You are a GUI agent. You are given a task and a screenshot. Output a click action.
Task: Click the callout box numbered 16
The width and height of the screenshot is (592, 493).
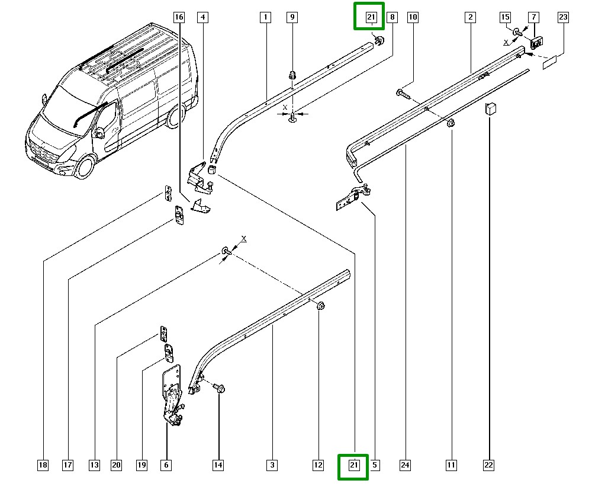[179, 18]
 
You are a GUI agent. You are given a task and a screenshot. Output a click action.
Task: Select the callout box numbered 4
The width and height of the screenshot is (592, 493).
[203, 18]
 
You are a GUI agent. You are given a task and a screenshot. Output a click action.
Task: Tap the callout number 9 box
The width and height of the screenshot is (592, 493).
[292, 18]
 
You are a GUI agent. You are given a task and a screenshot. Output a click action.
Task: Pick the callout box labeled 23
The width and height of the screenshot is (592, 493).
[563, 18]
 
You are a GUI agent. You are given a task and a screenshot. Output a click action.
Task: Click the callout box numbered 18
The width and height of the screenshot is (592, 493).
[43, 466]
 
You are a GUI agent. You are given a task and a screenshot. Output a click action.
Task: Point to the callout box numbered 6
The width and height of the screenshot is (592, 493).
[166, 466]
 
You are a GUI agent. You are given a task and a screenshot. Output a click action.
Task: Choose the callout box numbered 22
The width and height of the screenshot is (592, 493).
[488, 466]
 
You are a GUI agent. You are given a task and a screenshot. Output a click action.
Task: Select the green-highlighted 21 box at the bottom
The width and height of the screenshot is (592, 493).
[353, 466]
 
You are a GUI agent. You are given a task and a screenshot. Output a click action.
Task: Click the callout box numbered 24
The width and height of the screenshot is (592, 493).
[405, 466]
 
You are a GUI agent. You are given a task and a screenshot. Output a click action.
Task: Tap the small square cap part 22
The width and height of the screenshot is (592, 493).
[490, 108]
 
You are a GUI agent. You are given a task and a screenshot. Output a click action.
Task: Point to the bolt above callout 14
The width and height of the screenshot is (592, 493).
[218, 388]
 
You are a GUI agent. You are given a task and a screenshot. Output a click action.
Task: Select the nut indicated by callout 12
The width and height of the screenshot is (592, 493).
[320, 305]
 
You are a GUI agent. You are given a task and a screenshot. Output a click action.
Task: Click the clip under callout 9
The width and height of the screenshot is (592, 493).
[292, 75]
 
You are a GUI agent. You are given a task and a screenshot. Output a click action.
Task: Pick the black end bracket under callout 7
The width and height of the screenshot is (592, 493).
[536, 41]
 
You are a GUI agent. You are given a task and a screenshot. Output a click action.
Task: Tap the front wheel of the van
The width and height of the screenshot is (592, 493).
[85, 167]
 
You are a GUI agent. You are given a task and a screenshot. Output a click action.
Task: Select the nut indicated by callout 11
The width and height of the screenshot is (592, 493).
[451, 123]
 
